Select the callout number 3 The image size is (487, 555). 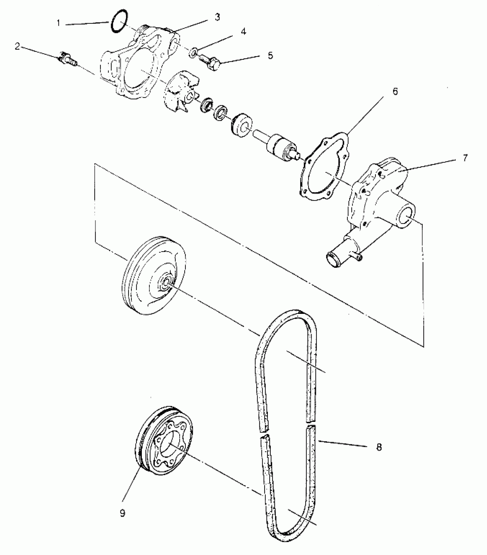click(x=217, y=17)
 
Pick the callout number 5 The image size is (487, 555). click(x=270, y=55)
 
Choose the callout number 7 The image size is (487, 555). click(x=465, y=158)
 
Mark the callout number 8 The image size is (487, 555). click(x=379, y=447)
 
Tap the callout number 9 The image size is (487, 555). click(x=122, y=513)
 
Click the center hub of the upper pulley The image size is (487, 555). click(x=166, y=282)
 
